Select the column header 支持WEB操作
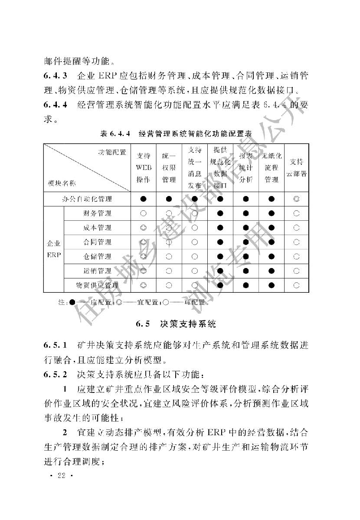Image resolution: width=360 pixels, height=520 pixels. point(143,167)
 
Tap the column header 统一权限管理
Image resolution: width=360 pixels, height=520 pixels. point(169,167)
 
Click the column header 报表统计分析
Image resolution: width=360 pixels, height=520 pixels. point(246,167)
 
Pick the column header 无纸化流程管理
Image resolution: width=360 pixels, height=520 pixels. point(272,167)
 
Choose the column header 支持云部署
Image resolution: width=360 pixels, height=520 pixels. point(297,167)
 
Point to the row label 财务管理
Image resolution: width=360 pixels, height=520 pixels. point(97,213)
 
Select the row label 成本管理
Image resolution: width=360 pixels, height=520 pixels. point(97,228)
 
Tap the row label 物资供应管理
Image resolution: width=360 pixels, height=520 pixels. point(97,285)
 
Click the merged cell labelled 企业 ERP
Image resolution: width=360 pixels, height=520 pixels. point(54,249)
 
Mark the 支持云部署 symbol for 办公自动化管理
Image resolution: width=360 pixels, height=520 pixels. point(297,199)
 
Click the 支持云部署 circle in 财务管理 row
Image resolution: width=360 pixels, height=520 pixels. point(297,213)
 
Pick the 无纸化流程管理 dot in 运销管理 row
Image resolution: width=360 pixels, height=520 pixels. point(272,271)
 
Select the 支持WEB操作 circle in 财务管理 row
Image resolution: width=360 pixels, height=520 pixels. point(143,213)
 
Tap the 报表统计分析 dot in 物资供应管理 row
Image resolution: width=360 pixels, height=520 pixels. point(246,285)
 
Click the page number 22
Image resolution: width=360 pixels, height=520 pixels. point(60,476)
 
